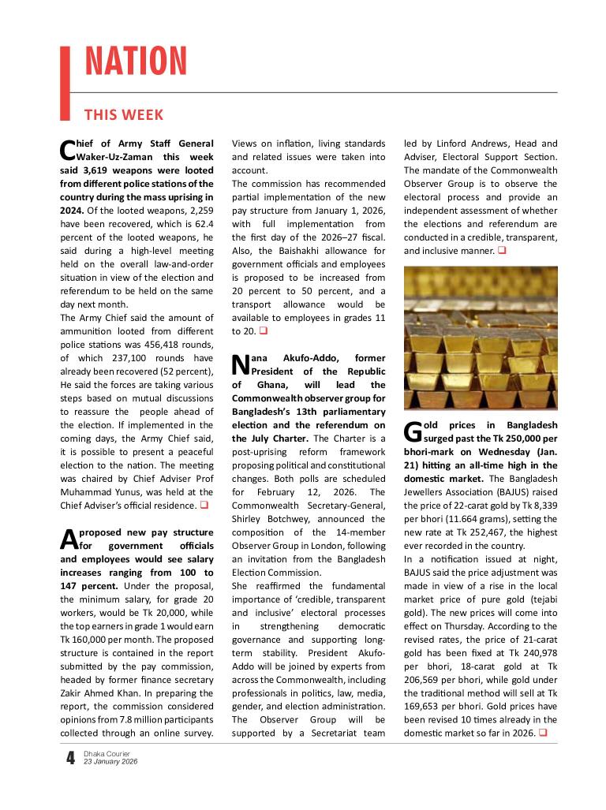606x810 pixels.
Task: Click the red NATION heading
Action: [135, 62]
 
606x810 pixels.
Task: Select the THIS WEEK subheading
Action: [124, 115]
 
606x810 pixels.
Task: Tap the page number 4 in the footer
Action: [70, 759]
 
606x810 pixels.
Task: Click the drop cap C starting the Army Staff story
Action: [67, 149]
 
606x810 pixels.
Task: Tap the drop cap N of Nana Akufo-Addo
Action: [240, 364]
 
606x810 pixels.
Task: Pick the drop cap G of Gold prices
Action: [413, 431]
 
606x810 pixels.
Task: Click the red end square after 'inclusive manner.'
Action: [501, 251]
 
